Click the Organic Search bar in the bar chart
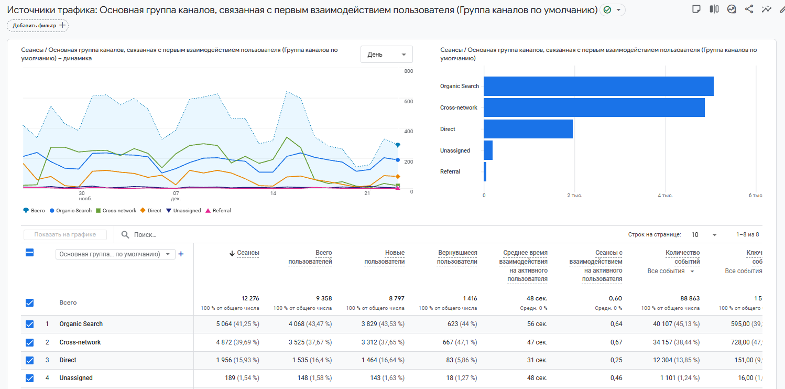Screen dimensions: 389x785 (598, 87)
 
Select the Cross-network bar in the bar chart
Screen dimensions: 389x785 (594, 107)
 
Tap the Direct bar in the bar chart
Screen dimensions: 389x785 (528, 129)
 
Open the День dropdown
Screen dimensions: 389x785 (387, 55)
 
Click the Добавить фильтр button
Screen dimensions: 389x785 (38, 25)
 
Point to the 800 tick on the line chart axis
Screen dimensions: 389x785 (408, 71)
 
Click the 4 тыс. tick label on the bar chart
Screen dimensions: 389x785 (666, 196)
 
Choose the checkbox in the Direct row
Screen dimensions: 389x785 (30, 360)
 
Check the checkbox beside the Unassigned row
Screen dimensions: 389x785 (30, 378)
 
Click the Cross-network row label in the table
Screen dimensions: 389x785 (80, 342)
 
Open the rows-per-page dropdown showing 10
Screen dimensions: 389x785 (704, 235)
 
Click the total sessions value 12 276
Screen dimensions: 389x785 (250, 298)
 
